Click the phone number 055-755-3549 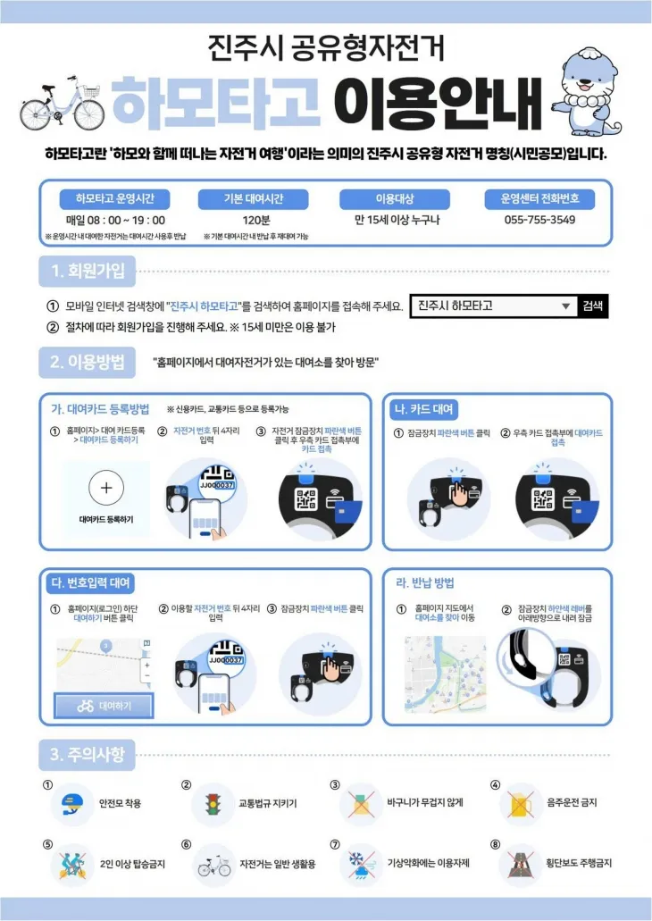tap(539, 220)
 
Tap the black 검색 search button tap(592, 306)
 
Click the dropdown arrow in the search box tap(564, 306)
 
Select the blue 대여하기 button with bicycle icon tap(104, 706)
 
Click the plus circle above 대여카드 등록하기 tap(105, 488)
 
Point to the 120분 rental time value tap(253, 220)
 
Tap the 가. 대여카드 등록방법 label tap(100, 409)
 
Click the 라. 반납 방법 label tap(425, 583)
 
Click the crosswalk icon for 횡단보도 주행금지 tap(520, 865)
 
